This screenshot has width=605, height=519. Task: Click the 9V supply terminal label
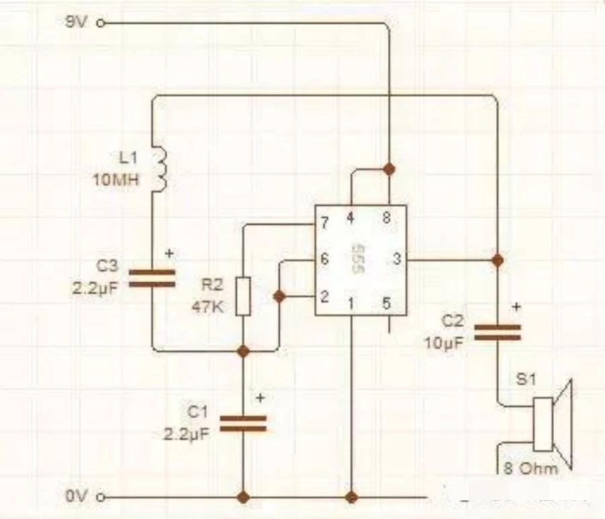pos(75,22)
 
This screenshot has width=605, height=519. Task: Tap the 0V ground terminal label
pos(75,497)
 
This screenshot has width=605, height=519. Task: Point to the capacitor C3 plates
pos(152,278)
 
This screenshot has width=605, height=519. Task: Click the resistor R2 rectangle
pos(243,296)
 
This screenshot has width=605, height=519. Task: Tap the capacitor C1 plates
pos(243,422)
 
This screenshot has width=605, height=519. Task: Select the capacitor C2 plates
pos(497,332)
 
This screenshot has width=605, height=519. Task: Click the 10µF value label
pos(444,342)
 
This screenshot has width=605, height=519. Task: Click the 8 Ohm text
pos(532,469)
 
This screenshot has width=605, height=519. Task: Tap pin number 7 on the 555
pos(325,222)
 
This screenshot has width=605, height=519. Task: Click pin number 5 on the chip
pos(386,303)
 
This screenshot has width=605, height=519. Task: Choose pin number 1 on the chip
pos(350,303)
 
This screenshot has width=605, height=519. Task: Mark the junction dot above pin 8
pos(388,167)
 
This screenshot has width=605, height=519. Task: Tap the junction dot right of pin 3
pos(497,259)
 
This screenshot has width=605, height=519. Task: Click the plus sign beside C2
pos(516,307)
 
